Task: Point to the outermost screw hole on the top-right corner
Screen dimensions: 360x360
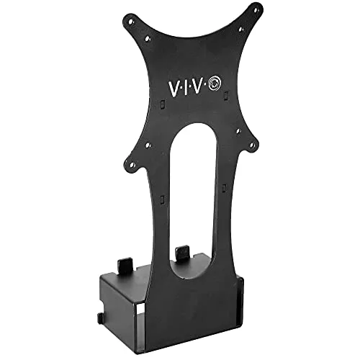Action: (253, 9)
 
